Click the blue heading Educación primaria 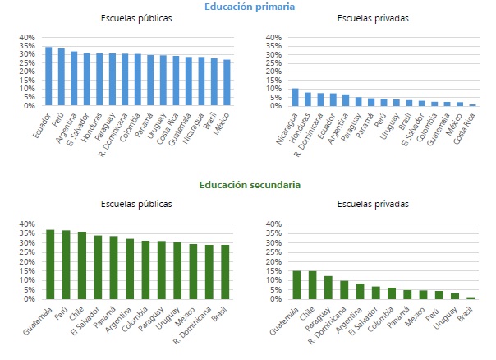tap(250, 7)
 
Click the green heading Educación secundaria tap(250, 185)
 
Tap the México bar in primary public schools tap(227, 82)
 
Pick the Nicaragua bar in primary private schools tap(296, 97)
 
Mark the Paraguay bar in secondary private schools tap(328, 288)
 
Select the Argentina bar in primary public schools tap(74, 79)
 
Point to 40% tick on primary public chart tap(26, 37)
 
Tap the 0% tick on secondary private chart tap(274, 299)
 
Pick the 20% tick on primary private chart tap(273, 72)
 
